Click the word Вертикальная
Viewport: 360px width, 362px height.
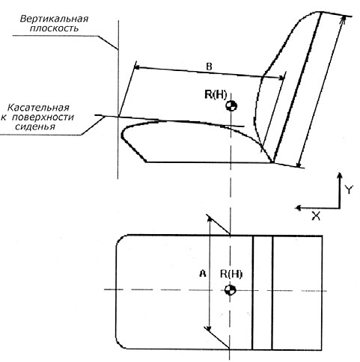point(54,19)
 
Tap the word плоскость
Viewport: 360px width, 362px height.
point(54,28)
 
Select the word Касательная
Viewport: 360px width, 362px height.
point(38,108)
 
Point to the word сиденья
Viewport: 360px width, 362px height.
point(35,126)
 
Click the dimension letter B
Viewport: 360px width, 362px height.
point(209,67)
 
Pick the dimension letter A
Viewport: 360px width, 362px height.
point(203,274)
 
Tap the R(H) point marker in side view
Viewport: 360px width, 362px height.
point(231,106)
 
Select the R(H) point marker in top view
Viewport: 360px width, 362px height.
point(230,290)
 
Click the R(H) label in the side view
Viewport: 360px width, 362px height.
point(216,95)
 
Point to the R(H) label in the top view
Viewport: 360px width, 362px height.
point(231,274)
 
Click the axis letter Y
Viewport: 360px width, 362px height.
point(350,190)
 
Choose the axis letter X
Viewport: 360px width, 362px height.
point(316,216)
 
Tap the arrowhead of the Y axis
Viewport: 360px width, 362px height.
point(339,175)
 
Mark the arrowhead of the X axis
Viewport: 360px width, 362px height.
point(299,208)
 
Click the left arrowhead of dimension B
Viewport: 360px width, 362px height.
point(137,67)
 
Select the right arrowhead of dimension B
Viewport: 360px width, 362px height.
point(281,78)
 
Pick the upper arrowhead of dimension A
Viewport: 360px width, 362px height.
point(210,218)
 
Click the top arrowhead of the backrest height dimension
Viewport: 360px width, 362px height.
point(344,19)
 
